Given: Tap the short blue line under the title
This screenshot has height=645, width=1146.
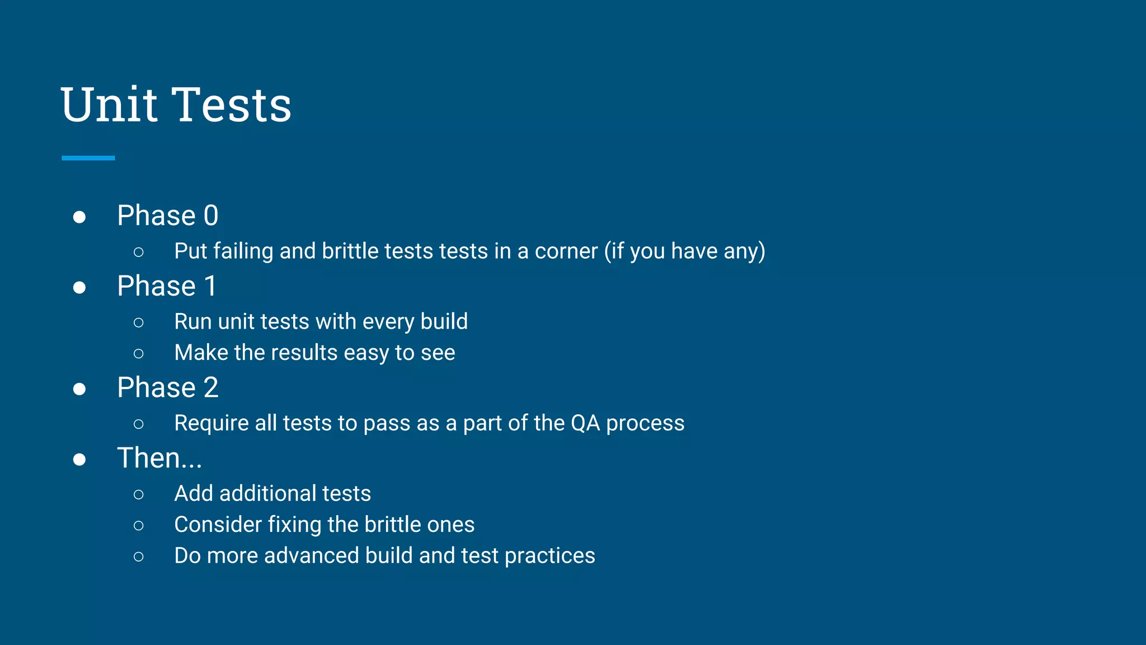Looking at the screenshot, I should (x=88, y=158).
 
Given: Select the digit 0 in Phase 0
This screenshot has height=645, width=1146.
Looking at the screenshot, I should (x=211, y=216).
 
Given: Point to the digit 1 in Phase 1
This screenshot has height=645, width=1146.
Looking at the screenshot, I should (x=210, y=286).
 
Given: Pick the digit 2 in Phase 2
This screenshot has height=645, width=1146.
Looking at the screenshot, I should (x=211, y=387).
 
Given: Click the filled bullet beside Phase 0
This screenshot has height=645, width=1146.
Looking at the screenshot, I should (x=79, y=217).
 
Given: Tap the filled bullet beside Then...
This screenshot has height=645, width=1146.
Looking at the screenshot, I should (x=79, y=460).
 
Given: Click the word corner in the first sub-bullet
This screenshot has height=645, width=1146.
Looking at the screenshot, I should (x=566, y=251).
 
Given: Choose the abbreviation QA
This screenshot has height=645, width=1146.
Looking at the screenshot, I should (x=585, y=423).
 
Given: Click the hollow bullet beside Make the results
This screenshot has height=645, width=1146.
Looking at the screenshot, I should (x=139, y=353).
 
